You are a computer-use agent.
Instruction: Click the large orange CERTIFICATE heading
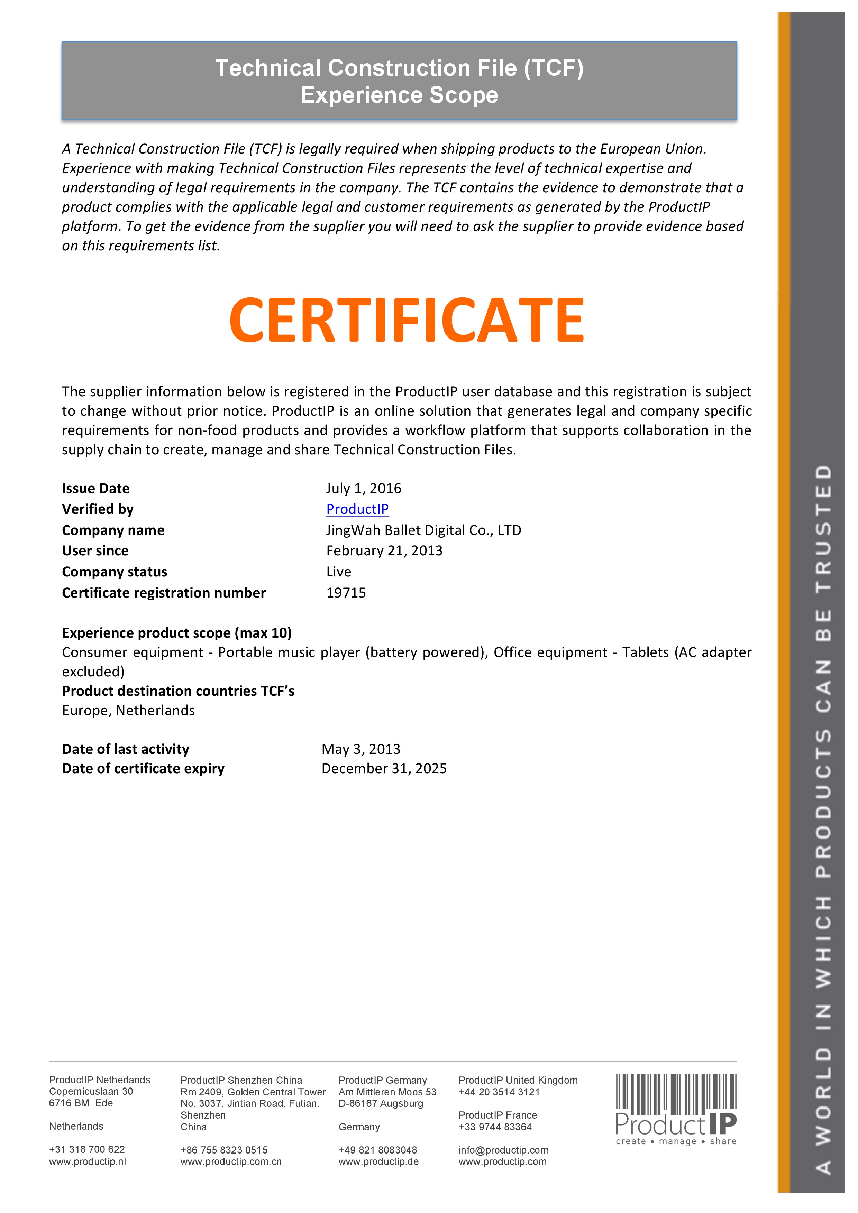[407, 320]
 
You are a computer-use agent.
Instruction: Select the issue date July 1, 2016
[363, 488]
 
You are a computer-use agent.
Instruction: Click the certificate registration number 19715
[346, 593]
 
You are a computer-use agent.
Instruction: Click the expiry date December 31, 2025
[384, 768]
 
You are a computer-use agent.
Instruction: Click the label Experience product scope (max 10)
[176, 633]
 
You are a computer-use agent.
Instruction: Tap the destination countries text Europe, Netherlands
[128, 711]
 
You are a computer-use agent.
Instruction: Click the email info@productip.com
[503, 1150]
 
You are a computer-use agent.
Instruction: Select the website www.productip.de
[378, 1162]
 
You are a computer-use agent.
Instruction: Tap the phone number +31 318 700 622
[87, 1149]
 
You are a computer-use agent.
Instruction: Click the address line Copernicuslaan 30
[91, 1092]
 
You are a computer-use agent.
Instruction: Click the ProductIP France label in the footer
[498, 1115]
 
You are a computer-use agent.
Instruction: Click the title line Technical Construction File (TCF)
[399, 68]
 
